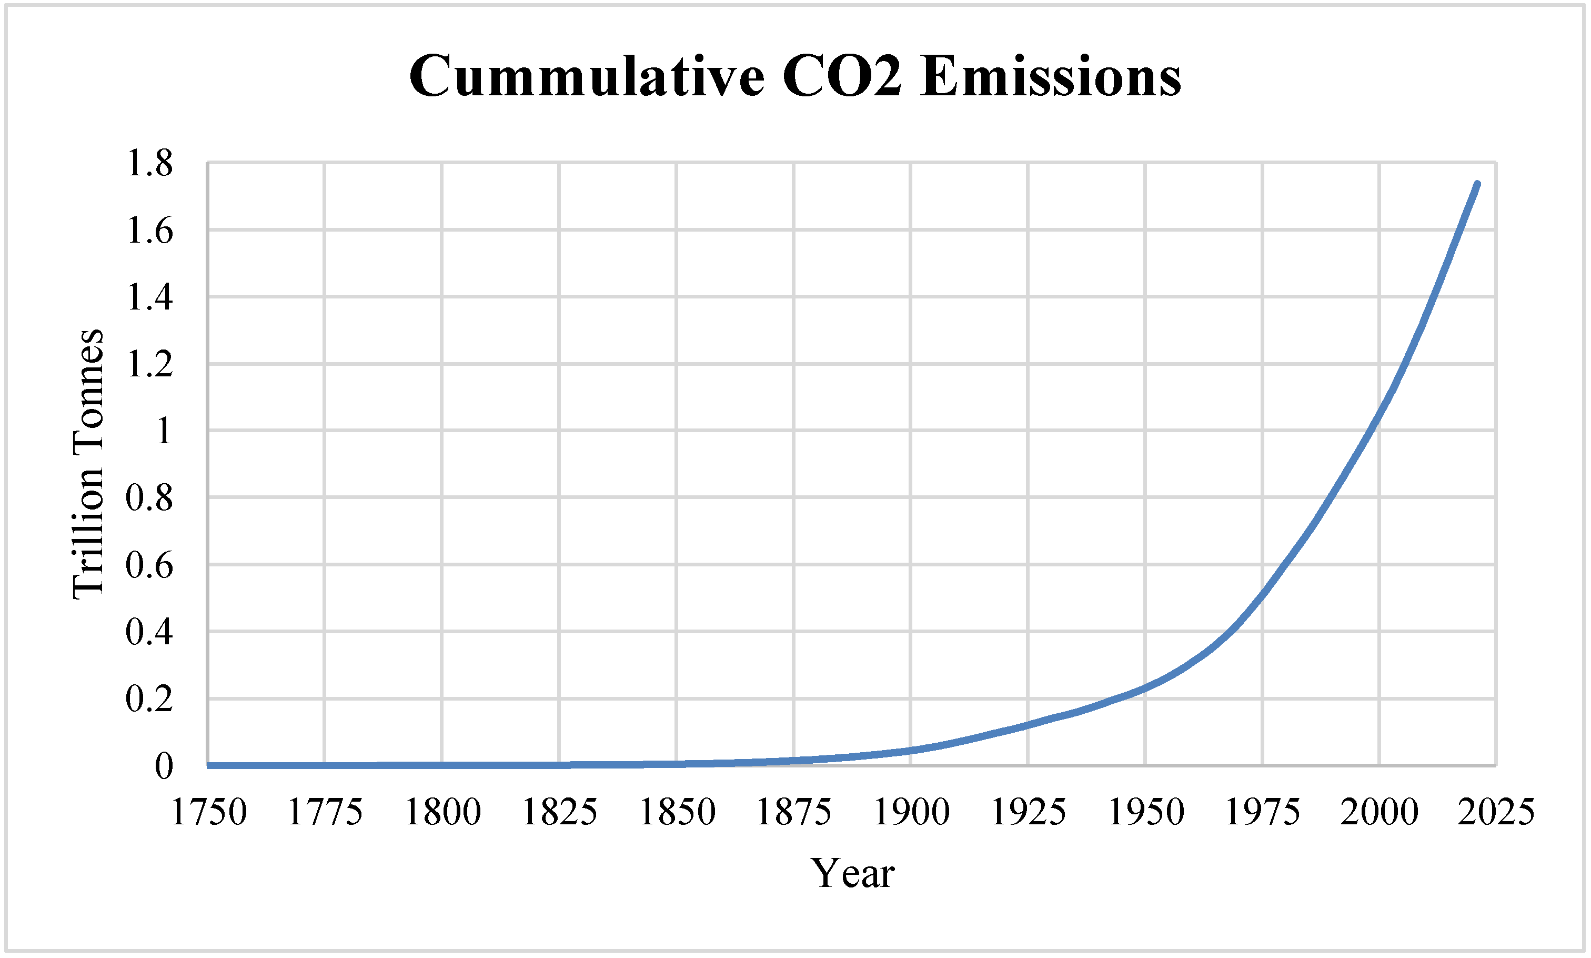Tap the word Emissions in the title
pyautogui.click(x=1051, y=76)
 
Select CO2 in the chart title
pyautogui.click(x=841, y=76)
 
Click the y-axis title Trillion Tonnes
pyautogui.click(x=88, y=464)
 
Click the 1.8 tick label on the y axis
pyautogui.click(x=149, y=163)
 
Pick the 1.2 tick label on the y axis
pyautogui.click(x=149, y=364)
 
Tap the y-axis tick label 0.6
pyautogui.click(x=149, y=565)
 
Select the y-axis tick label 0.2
pyautogui.click(x=149, y=699)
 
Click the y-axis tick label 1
pyautogui.click(x=163, y=431)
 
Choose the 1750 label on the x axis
pyautogui.click(x=208, y=812)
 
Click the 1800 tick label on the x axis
pyautogui.click(x=442, y=812)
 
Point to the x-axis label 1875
pyautogui.click(x=793, y=812)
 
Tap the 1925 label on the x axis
pyautogui.click(x=1028, y=812)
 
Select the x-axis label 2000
pyautogui.click(x=1379, y=812)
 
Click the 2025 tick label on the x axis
pyautogui.click(x=1496, y=812)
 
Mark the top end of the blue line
pyautogui.click(x=1477, y=184)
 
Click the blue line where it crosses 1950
pyautogui.click(x=1145, y=687)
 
